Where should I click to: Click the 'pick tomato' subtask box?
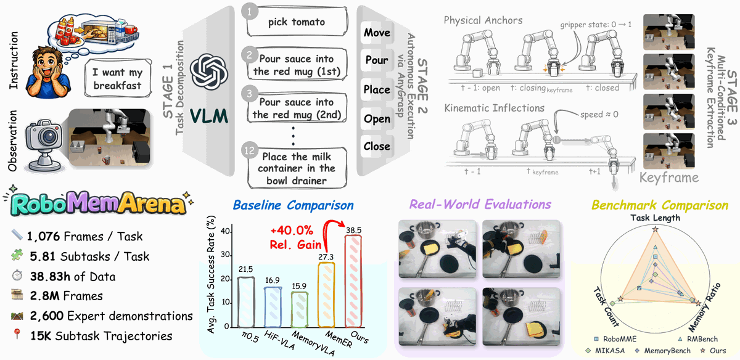pyautogui.click(x=297, y=22)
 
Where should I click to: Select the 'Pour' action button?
pyautogui.click(x=377, y=60)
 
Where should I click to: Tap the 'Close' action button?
pyautogui.click(x=377, y=146)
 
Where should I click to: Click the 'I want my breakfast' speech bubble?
pyautogui.click(x=118, y=79)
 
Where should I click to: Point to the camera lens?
pyautogui.click(x=49, y=136)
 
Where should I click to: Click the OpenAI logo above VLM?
pyautogui.click(x=209, y=72)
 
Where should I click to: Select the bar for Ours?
pyautogui.click(x=353, y=281)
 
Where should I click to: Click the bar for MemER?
pyautogui.click(x=326, y=295)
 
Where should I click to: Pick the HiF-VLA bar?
pyautogui.click(x=273, y=307)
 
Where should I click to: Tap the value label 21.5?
pyautogui.click(x=245, y=269)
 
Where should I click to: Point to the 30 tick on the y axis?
pyautogui.click(x=225, y=255)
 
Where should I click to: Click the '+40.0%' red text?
pyautogui.click(x=291, y=230)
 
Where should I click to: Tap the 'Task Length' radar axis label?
pyautogui.click(x=655, y=218)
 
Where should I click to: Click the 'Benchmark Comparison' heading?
pyautogui.click(x=660, y=205)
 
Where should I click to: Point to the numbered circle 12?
pyautogui.click(x=249, y=150)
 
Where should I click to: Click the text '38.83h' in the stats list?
pyautogui.click(x=49, y=276)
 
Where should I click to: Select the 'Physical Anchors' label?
pyautogui.click(x=483, y=20)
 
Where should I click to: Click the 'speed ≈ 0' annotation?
pyautogui.click(x=599, y=114)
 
